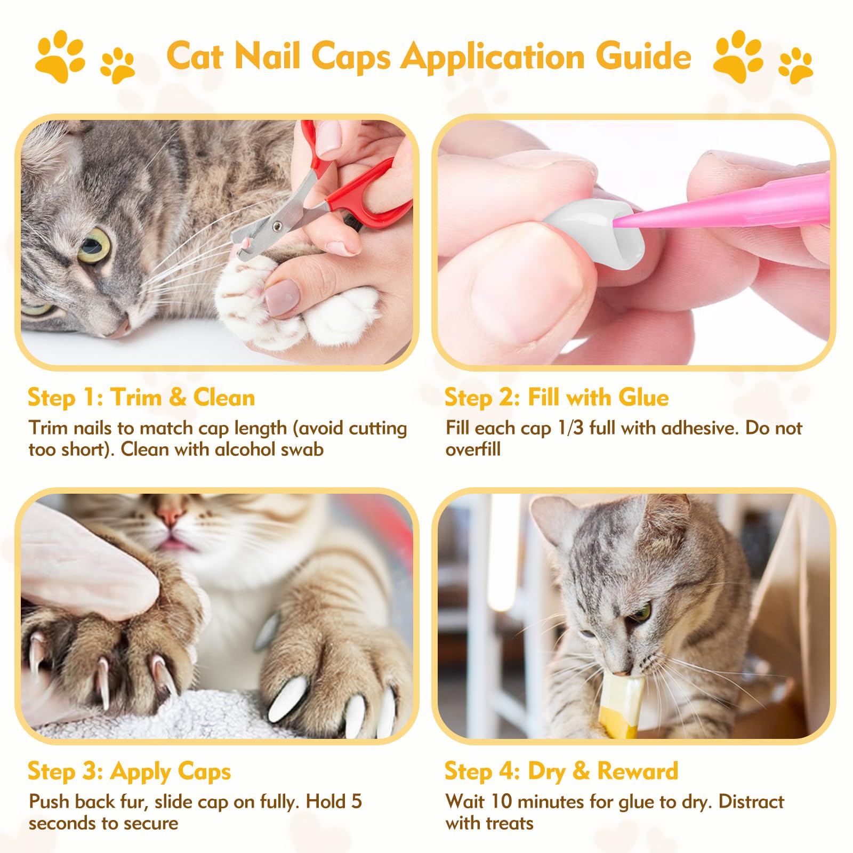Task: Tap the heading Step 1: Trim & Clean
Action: [x=141, y=398]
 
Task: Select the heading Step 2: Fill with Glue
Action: [x=557, y=398]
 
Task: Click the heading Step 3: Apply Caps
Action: [x=130, y=771]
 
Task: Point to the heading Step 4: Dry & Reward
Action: [x=561, y=771]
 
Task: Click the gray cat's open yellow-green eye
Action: [x=94, y=246]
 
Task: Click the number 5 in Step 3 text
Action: [x=356, y=802]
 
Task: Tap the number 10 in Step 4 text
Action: [x=502, y=802]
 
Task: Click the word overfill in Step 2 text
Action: [x=473, y=449]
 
